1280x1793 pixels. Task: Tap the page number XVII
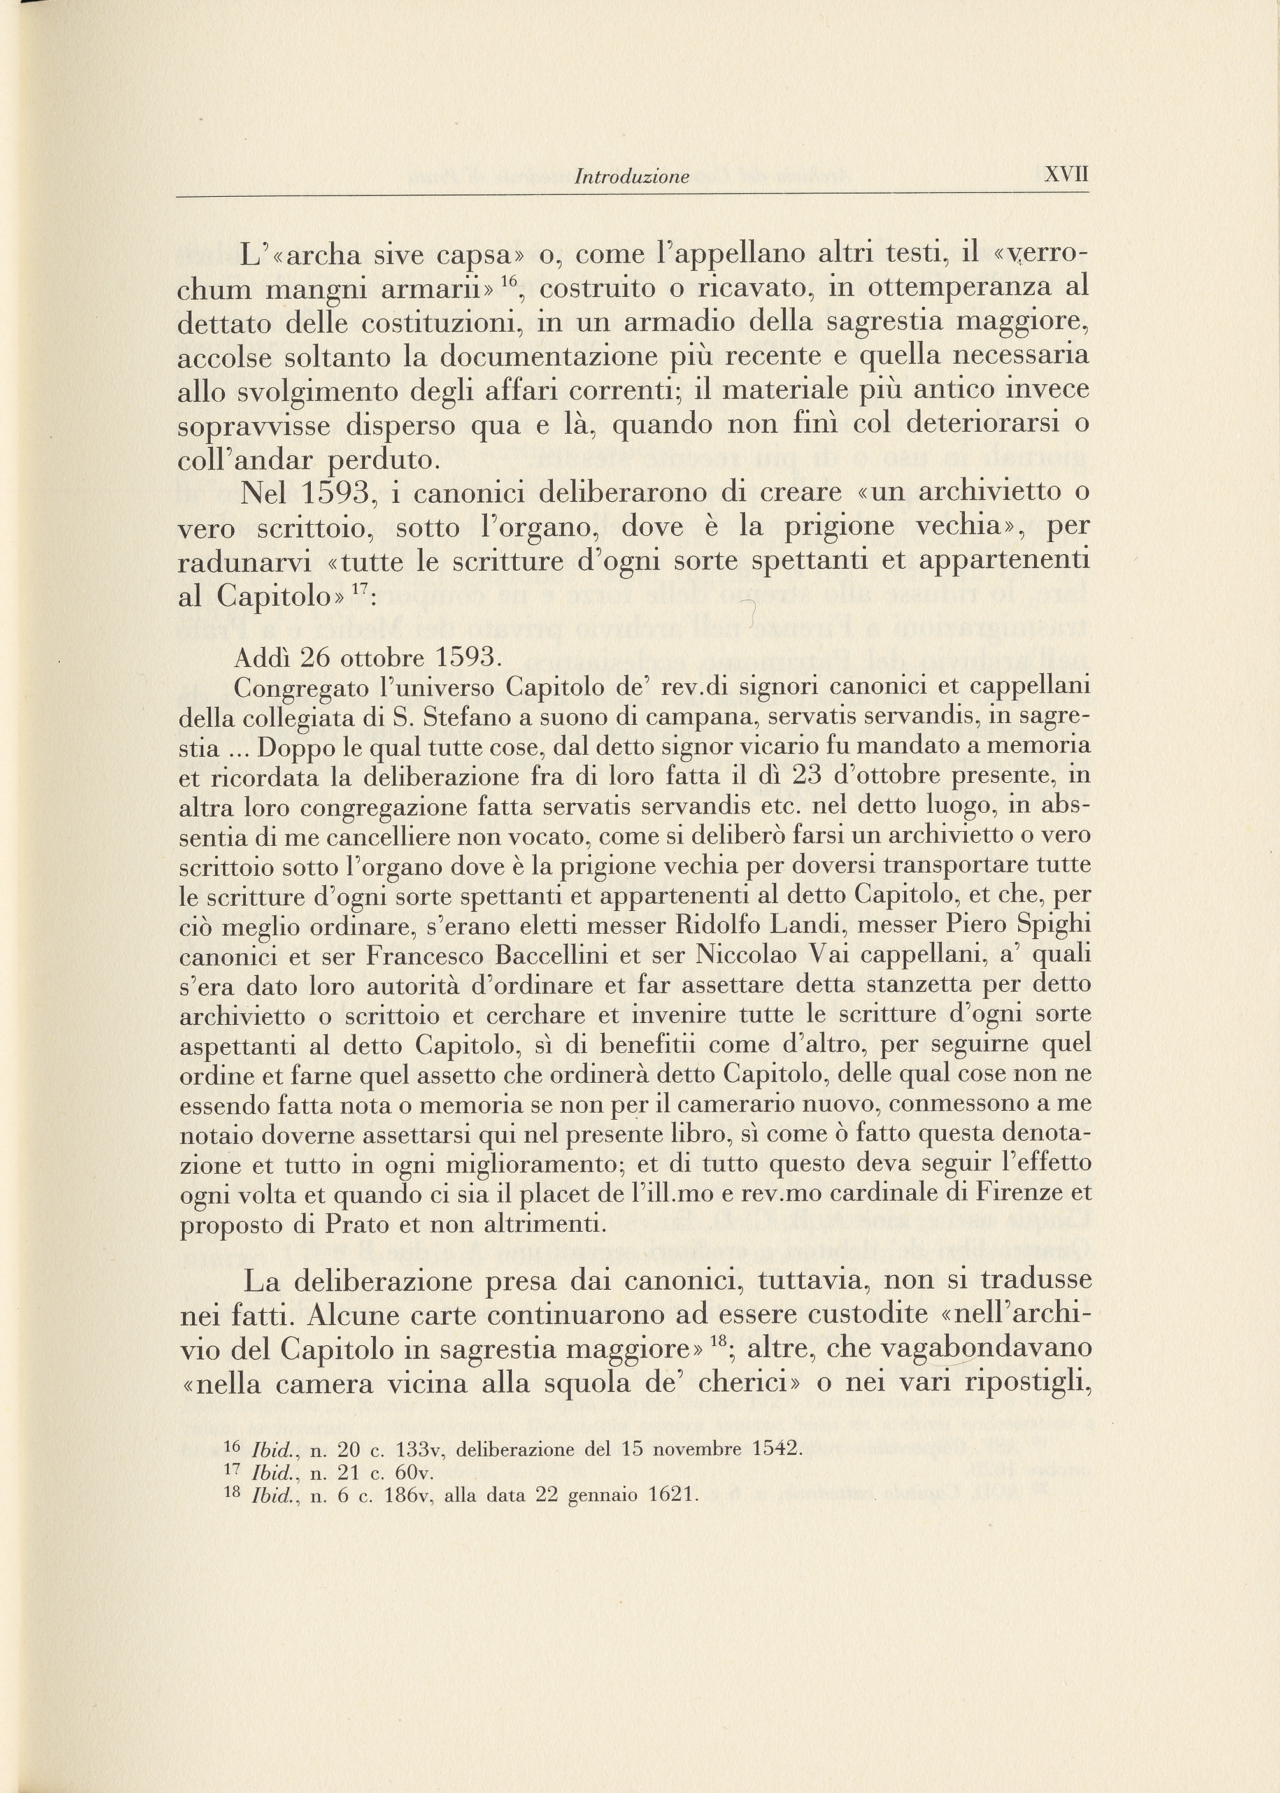pos(1065,175)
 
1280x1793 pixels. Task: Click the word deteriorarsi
pos(985,425)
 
